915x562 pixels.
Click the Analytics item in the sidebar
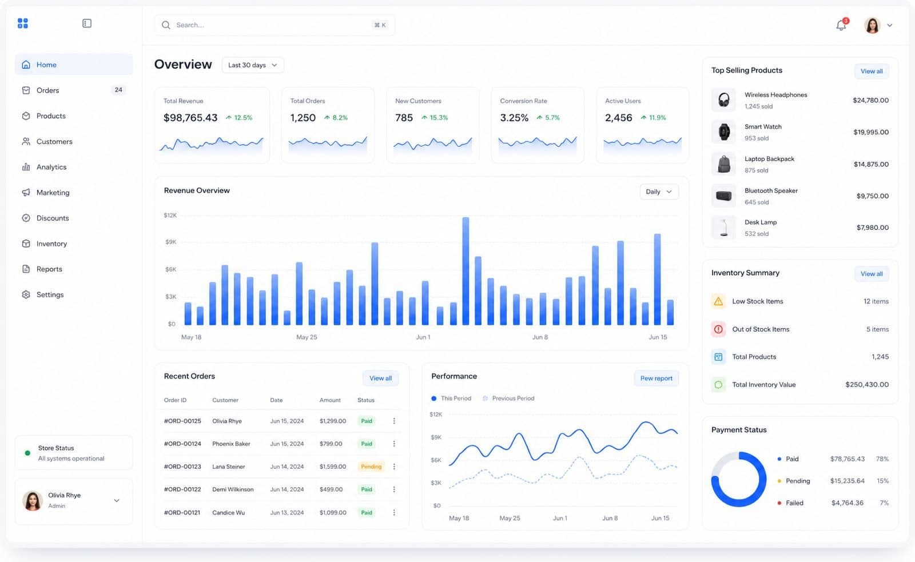[x=51, y=167]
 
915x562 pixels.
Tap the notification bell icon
[x=841, y=25]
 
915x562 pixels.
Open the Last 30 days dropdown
[x=253, y=65]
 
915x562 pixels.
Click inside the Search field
[x=274, y=25]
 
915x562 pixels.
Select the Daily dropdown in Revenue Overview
[x=659, y=192]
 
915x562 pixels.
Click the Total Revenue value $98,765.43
[x=190, y=118]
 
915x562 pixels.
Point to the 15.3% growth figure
[x=439, y=118]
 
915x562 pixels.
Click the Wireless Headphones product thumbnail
[x=723, y=100]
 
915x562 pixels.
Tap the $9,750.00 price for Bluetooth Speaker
[x=873, y=196]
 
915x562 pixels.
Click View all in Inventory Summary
[x=872, y=274]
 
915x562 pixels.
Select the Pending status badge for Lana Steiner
[x=371, y=467]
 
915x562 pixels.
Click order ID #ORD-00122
[x=182, y=489]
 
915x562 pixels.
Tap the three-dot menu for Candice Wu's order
[x=394, y=513]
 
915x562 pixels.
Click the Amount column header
[x=330, y=400]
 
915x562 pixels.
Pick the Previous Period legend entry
[x=508, y=398]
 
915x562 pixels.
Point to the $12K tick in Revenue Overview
[x=170, y=215]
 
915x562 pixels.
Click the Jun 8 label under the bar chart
[x=540, y=337]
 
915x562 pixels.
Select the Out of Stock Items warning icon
[x=718, y=329]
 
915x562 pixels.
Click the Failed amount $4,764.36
[x=847, y=503]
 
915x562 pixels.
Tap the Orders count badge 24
[x=118, y=90]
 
